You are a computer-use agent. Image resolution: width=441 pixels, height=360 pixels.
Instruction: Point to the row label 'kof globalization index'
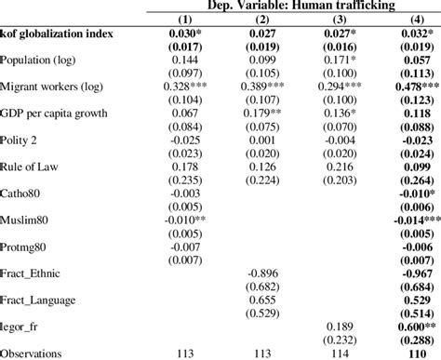[57, 35]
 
